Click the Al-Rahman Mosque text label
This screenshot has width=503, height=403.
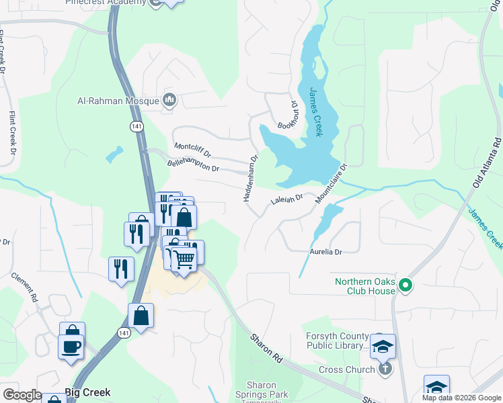coord(118,101)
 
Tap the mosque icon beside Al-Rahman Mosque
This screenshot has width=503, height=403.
coord(169,101)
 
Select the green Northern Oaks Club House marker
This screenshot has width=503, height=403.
coord(405,286)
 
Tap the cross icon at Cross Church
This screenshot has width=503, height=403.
coord(385,368)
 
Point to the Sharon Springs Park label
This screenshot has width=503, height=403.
coord(256,390)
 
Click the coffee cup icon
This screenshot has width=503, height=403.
coord(71,347)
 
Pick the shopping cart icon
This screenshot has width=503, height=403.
coord(184,257)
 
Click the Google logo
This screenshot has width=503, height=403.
coord(22,395)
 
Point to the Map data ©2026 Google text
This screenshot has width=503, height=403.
coord(461,398)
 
